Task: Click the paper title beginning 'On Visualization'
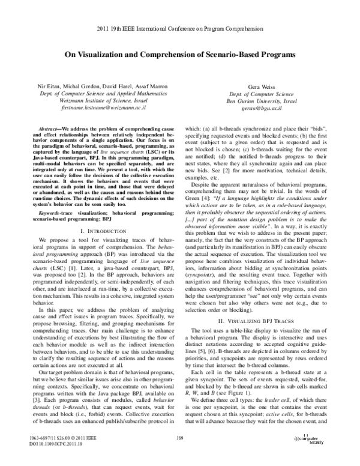coord(180,54)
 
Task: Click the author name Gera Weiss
coord(260,88)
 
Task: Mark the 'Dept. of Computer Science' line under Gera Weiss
coord(260,95)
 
